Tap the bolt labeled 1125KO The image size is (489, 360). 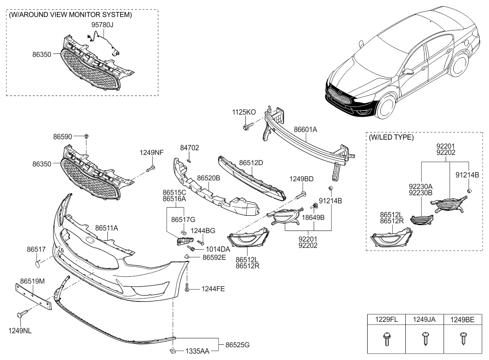click(247, 126)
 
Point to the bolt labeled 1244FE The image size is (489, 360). click(187, 289)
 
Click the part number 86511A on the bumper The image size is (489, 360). click(107, 228)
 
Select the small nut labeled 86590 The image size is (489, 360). click(87, 136)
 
